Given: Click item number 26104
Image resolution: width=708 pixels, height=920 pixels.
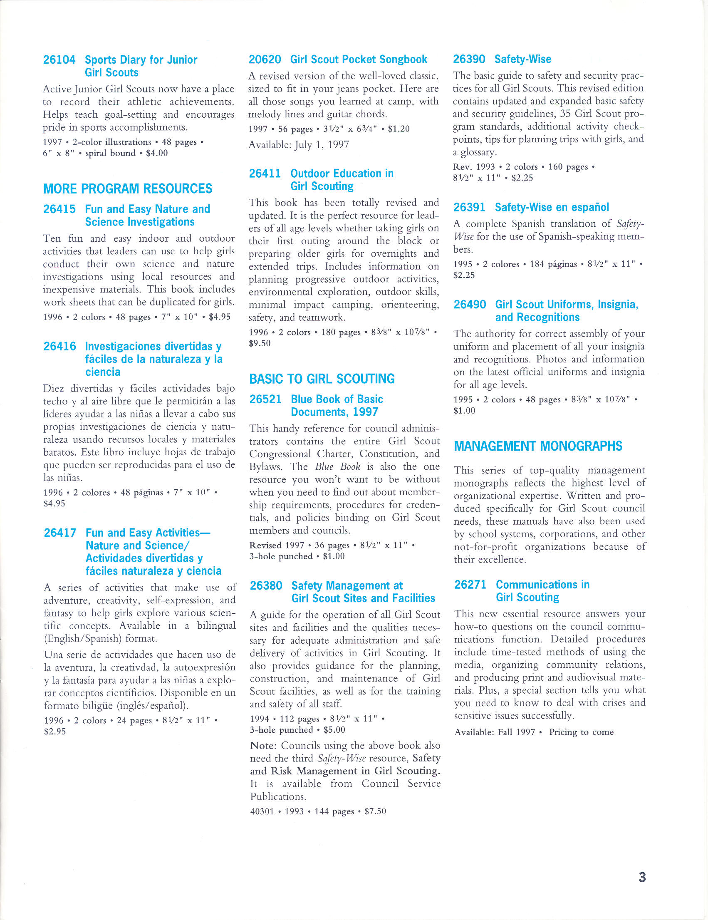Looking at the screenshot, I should pos(59,60).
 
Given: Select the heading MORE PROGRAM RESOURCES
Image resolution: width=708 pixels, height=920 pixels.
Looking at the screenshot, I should pos(128,189).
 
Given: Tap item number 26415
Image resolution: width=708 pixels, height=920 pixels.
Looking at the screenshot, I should pos(59,209).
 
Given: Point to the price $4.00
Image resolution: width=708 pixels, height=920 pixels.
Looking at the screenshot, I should pos(157,153).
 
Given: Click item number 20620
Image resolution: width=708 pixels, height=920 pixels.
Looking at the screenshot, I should pos(265,60).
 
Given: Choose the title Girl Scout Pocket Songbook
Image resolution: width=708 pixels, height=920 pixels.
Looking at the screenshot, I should pos(359,60).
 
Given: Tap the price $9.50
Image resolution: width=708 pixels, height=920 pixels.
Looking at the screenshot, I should pos(260,343).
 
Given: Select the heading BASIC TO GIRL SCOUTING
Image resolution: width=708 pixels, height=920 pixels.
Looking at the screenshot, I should pos(322,379).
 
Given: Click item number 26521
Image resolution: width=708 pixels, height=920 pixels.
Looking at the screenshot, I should pos(265,399).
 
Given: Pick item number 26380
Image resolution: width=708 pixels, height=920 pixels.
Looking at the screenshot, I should pos(266,585).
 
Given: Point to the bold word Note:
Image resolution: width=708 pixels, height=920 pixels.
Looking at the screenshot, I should pos(263,746).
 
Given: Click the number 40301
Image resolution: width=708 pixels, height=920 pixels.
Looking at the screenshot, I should pos(262,811).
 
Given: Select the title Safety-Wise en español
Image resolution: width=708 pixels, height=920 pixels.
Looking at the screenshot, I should pos(552,207).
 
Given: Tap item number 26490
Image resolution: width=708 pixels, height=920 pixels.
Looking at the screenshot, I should pos(470,305).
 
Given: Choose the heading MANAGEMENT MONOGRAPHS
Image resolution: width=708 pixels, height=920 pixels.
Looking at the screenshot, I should pos(538,446).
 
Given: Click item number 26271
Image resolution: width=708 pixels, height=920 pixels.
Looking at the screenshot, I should pos(470,585).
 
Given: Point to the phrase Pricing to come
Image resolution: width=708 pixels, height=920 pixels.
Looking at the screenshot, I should pos(581,732).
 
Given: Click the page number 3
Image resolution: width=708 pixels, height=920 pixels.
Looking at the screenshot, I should pos(642,877).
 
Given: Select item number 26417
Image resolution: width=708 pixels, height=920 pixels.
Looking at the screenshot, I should pos(60,533).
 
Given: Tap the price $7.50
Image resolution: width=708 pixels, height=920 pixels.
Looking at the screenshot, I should pos(375,811).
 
